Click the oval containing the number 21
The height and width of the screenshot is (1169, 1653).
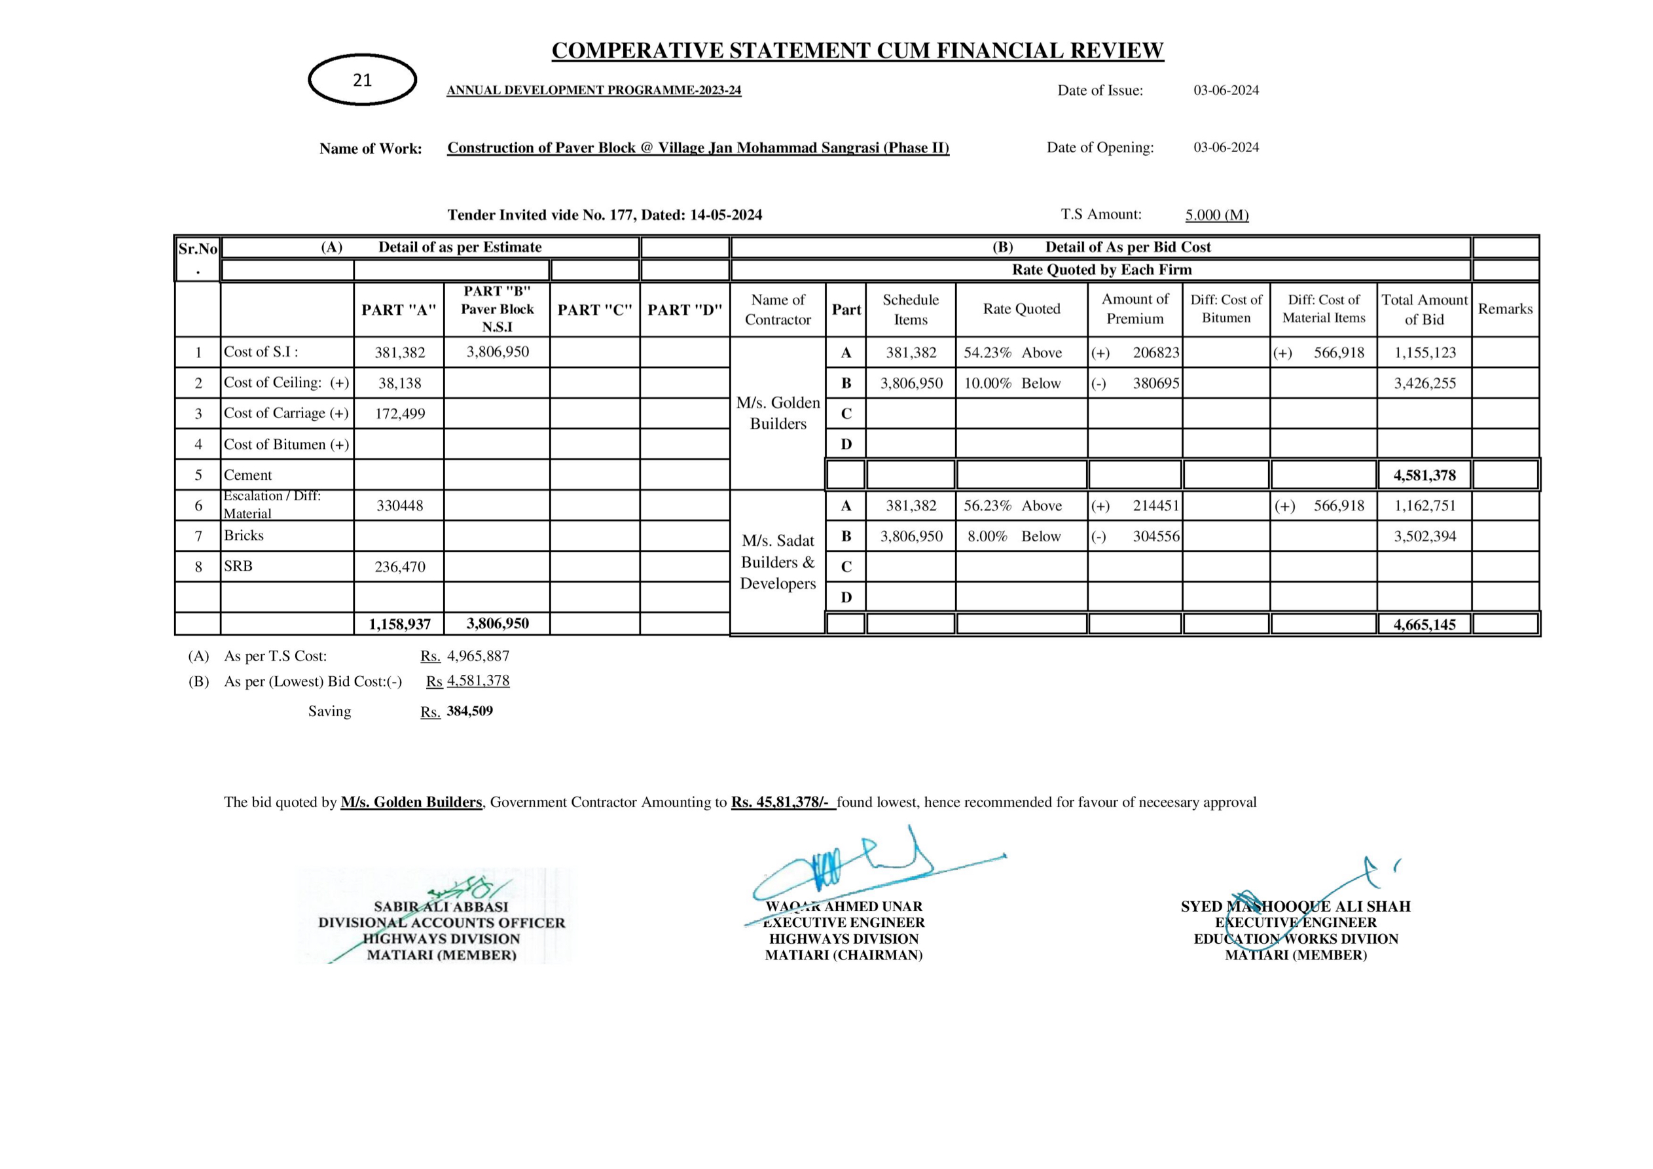click(x=362, y=80)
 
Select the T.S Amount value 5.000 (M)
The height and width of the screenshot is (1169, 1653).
click(x=1217, y=215)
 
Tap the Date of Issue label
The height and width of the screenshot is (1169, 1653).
click(x=1099, y=91)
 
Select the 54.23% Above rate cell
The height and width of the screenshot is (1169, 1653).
click(x=1012, y=353)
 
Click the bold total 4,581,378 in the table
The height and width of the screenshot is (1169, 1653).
click(x=1424, y=475)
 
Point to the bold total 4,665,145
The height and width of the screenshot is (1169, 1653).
click(x=1424, y=624)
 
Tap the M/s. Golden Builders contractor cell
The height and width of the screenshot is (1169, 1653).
click(x=778, y=413)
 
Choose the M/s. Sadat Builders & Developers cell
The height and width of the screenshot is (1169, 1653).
click(x=778, y=562)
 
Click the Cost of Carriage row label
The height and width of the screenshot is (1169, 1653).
click(x=286, y=413)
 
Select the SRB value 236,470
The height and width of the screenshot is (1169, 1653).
click(x=399, y=567)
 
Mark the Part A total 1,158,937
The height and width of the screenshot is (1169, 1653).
click(x=399, y=624)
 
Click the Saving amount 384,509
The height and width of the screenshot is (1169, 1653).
click(x=469, y=711)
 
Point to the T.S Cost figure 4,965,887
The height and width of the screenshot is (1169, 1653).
click(x=478, y=656)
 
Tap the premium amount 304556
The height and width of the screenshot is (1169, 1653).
click(x=1155, y=536)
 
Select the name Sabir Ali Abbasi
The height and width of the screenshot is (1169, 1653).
click(x=441, y=907)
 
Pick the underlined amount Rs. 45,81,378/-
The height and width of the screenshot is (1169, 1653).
click(x=782, y=802)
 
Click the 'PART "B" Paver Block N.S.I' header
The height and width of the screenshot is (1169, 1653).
click(x=497, y=309)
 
